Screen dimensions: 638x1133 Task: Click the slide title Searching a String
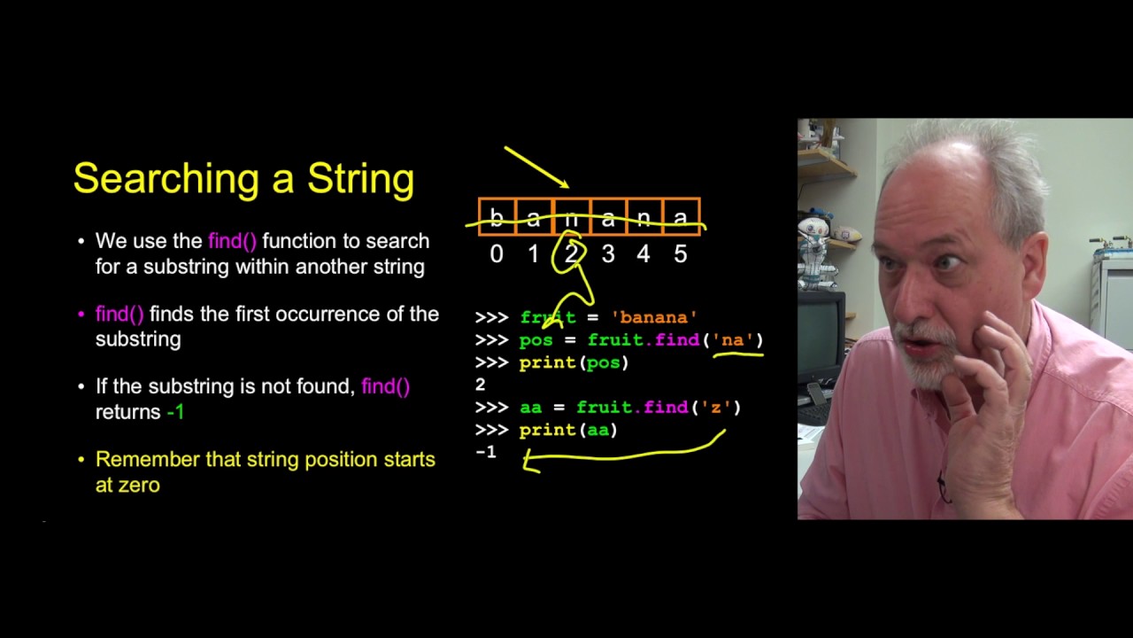tap(243, 179)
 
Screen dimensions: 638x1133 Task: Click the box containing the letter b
tap(497, 217)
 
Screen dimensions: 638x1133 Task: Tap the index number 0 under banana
tap(497, 254)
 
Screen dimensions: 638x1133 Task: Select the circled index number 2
tap(571, 254)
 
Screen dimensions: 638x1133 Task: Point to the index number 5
tap(680, 254)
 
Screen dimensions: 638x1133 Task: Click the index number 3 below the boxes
tap(607, 254)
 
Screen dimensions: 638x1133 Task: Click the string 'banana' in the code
tap(654, 317)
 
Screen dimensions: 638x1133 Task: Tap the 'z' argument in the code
tap(715, 407)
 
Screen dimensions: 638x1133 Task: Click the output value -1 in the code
tap(486, 452)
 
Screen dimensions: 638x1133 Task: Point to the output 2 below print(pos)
tap(480, 385)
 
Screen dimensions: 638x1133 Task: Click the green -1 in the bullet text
tap(175, 412)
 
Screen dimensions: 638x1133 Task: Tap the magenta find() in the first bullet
tap(232, 241)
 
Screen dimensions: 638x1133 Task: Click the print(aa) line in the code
tap(567, 430)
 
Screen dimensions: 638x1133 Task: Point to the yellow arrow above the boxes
tap(536, 167)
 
